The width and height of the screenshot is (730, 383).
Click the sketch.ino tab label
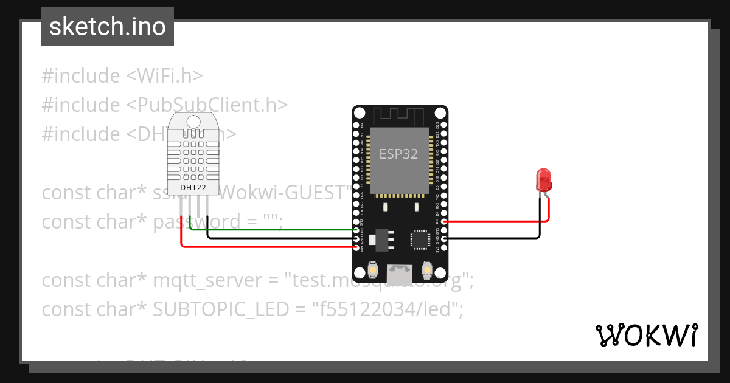pos(107,27)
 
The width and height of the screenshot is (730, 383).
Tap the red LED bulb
pos(543,181)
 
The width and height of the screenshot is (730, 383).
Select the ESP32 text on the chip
pos(398,154)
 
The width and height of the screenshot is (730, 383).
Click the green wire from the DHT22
pos(274,230)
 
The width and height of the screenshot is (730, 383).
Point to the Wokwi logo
pos(645,335)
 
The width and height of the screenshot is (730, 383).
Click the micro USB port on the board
pos(400,269)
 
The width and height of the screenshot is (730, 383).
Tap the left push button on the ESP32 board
pos(372,269)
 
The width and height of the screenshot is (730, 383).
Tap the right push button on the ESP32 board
pos(427,269)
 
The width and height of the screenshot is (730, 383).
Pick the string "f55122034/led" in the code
pos(388,309)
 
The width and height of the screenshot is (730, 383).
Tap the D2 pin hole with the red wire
pos(445,222)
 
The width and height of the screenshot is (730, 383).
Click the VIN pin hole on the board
pos(356,247)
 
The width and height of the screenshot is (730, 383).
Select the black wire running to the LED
pos(493,238)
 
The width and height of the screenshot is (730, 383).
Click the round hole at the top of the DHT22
pos(193,122)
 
